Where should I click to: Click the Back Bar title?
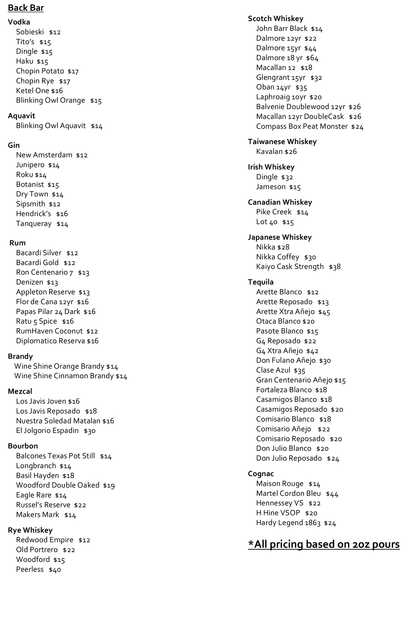point(26,8)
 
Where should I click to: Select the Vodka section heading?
point(19,22)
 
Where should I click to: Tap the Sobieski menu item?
point(30,32)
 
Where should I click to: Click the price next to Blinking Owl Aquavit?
point(97,126)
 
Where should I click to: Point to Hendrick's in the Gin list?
point(33,214)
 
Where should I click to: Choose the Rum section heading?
point(18,243)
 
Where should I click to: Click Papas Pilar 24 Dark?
point(48,311)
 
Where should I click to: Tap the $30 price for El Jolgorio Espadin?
point(90,431)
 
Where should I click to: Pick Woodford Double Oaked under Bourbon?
point(58,485)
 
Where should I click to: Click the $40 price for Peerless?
point(55,570)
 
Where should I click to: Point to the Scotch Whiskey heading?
point(275,19)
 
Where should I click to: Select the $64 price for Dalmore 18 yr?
point(312,58)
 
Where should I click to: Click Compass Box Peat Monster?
point(302,126)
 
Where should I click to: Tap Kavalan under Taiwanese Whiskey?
point(269,151)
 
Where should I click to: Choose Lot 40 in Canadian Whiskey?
point(267,222)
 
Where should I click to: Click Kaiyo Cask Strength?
point(290,267)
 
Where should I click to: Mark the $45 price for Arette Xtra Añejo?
point(324,312)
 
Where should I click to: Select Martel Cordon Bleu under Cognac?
point(288,494)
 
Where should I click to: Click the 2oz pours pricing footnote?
point(324,544)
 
